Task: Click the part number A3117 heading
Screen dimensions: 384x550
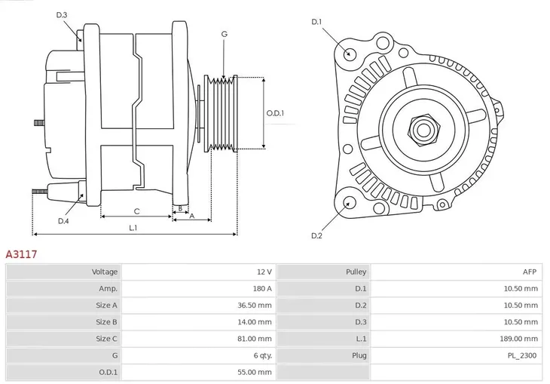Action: (x=21, y=255)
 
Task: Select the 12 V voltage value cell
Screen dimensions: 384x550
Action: (x=264, y=272)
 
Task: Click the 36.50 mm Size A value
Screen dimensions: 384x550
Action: (x=256, y=306)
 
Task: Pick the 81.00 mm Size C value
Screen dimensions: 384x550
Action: (x=256, y=339)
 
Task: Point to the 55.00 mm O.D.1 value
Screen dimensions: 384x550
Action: (x=256, y=372)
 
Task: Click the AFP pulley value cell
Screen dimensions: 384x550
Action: (x=530, y=272)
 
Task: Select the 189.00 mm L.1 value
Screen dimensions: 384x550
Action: (x=521, y=339)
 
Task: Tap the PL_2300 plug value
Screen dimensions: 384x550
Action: (x=523, y=355)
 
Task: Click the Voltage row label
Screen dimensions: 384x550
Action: (x=105, y=272)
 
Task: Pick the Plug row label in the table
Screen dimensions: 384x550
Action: (x=358, y=355)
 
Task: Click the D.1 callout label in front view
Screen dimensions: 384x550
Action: (x=316, y=22)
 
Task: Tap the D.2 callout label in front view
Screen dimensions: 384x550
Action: (x=316, y=236)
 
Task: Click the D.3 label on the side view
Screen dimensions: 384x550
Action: (x=62, y=15)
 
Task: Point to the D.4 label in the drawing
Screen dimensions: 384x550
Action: (x=63, y=221)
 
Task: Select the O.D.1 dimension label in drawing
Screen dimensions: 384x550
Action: (x=275, y=114)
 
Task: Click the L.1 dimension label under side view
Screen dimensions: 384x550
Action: (x=133, y=227)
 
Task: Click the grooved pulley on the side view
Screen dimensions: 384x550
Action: (x=222, y=113)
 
